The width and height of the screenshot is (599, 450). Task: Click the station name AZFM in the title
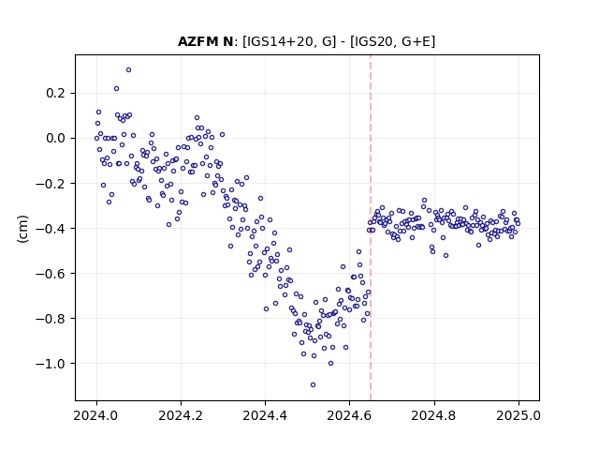coord(197,41)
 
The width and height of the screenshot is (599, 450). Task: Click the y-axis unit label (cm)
coord(22,229)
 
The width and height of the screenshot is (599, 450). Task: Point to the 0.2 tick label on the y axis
coord(55,93)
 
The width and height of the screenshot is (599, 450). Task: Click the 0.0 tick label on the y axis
coord(55,138)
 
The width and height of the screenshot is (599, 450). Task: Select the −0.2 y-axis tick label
coord(51,184)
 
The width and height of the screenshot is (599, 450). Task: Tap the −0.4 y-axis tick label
coord(51,229)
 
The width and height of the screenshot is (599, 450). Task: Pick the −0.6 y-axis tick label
coord(51,274)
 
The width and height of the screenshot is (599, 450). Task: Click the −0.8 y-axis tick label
coord(51,319)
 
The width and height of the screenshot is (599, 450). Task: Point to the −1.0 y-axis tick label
coord(51,364)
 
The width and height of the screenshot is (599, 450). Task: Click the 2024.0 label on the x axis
coord(96,415)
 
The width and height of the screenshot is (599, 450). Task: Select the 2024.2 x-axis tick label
coord(181,415)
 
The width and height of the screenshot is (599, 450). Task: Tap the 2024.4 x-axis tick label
coord(265,415)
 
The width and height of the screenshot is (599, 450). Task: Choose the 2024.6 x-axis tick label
coord(349,415)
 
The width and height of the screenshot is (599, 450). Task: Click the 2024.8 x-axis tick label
coord(434,415)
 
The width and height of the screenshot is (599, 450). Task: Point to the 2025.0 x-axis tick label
coord(519,415)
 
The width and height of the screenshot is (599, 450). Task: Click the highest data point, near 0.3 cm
coord(129,70)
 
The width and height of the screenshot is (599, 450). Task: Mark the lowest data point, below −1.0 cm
coord(313,385)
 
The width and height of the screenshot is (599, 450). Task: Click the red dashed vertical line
coord(371,228)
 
